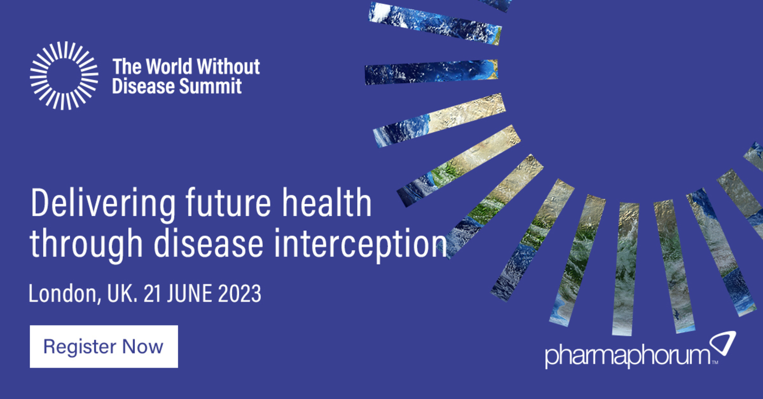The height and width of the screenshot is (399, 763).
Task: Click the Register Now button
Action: coord(103,347)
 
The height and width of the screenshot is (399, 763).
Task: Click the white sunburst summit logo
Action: coord(64,75)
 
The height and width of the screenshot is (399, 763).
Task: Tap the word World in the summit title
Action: coord(170,67)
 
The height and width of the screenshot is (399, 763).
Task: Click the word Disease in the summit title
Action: coord(143,86)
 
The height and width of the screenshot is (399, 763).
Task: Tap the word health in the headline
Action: coord(327,203)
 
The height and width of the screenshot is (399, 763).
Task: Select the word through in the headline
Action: coord(86,244)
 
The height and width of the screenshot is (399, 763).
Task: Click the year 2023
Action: coord(239,294)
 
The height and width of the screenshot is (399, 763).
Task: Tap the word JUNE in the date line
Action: coord(188,294)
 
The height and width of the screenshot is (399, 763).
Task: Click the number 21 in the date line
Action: coord(152,294)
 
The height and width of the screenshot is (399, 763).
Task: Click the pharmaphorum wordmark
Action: coord(628,356)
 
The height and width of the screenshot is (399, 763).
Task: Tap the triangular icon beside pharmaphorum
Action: coord(722,343)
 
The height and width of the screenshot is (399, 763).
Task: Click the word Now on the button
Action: coord(143,347)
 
